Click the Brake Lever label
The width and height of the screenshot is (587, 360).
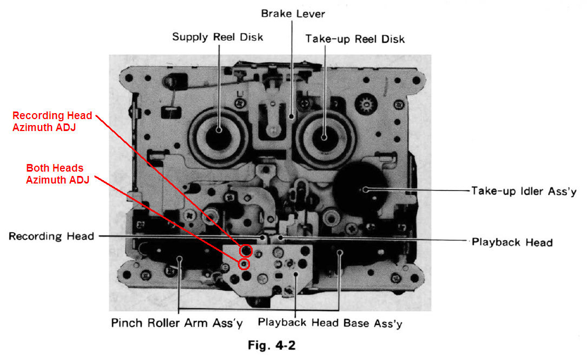coord(293,12)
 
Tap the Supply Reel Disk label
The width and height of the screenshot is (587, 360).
coord(217,37)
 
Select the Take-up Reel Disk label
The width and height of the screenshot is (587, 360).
coord(355,39)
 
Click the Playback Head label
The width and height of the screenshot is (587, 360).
coord(512,242)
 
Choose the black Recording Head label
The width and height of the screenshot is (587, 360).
coord(51,236)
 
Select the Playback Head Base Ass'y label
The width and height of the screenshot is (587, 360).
coord(330,323)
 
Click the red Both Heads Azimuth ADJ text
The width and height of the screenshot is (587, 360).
coord(57,174)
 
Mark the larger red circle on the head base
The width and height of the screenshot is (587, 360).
coord(246,250)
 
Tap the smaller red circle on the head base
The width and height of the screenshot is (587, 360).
coord(243,264)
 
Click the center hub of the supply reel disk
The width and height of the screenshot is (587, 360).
coord(219,129)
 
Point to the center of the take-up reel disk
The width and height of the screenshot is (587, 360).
coord(324,137)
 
